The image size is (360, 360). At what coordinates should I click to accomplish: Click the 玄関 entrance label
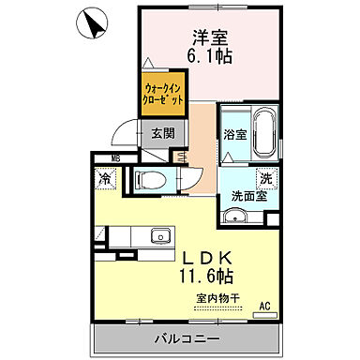click(161, 133)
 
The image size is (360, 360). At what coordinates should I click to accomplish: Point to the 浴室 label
click(234, 134)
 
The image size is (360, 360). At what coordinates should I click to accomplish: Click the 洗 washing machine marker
click(267, 177)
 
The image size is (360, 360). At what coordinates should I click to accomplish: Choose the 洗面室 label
click(249, 197)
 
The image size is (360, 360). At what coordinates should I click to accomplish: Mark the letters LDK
click(208, 256)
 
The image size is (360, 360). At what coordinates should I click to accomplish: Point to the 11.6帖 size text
click(208, 276)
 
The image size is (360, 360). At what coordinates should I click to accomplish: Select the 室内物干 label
click(217, 299)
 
